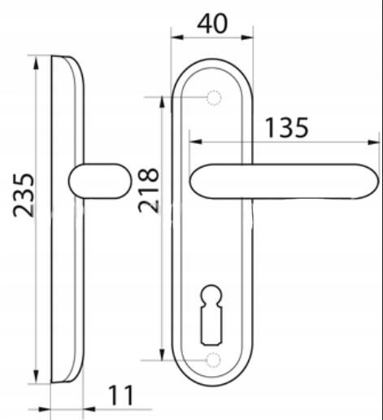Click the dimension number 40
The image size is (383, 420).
(x=212, y=24)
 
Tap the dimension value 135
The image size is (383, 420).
(x=286, y=128)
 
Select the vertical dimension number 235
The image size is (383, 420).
(x=24, y=195)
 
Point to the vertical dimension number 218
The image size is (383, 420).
(x=148, y=190)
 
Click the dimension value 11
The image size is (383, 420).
(x=121, y=396)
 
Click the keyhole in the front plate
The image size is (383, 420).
(x=211, y=315)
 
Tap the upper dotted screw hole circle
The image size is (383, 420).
(x=214, y=98)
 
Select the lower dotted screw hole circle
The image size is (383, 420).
(x=213, y=361)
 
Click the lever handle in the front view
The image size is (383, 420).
(x=284, y=182)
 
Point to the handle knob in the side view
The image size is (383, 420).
(x=100, y=181)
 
